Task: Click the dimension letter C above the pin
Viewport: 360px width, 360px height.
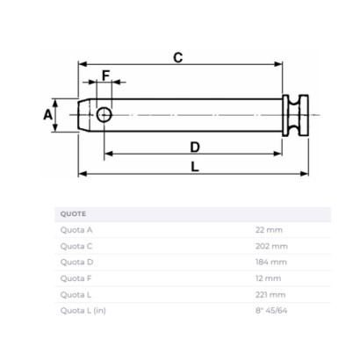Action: (178, 58)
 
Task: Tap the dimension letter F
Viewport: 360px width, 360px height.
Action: (105, 76)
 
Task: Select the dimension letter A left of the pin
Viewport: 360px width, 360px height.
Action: (47, 114)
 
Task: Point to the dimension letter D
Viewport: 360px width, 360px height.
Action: (195, 148)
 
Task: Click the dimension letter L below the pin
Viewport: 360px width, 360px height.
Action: (195, 167)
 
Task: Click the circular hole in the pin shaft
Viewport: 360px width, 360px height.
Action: (104, 114)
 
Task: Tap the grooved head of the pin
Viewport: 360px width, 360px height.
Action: (295, 115)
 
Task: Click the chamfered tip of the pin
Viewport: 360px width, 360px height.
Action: (84, 115)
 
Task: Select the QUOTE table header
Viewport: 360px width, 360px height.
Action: (73, 214)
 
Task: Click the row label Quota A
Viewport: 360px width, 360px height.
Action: (76, 230)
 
